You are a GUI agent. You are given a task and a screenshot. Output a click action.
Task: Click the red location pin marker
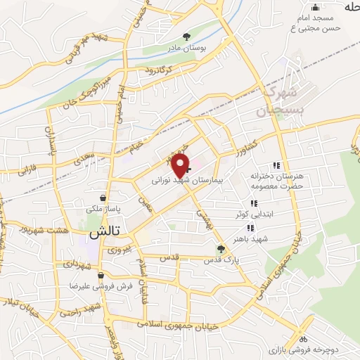(181, 165)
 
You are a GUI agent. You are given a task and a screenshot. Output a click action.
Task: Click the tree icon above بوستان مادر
(186, 37)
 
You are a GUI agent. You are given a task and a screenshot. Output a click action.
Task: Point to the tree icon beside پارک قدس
(221, 248)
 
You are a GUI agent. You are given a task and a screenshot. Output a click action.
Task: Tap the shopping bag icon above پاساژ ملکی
(104, 198)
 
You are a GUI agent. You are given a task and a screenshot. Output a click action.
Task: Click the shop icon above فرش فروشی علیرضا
(103, 275)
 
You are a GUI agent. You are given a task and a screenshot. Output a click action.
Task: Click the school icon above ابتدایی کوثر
(253, 203)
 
